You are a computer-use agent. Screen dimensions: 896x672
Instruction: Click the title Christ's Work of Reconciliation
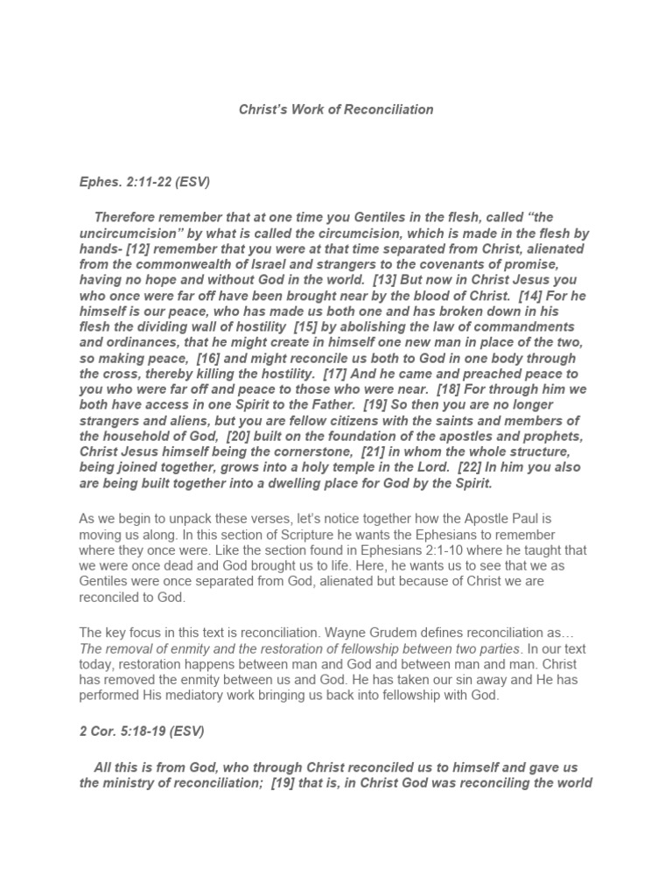(x=336, y=109)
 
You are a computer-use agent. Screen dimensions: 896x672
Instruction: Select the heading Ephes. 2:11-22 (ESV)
(x=144, y=182)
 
